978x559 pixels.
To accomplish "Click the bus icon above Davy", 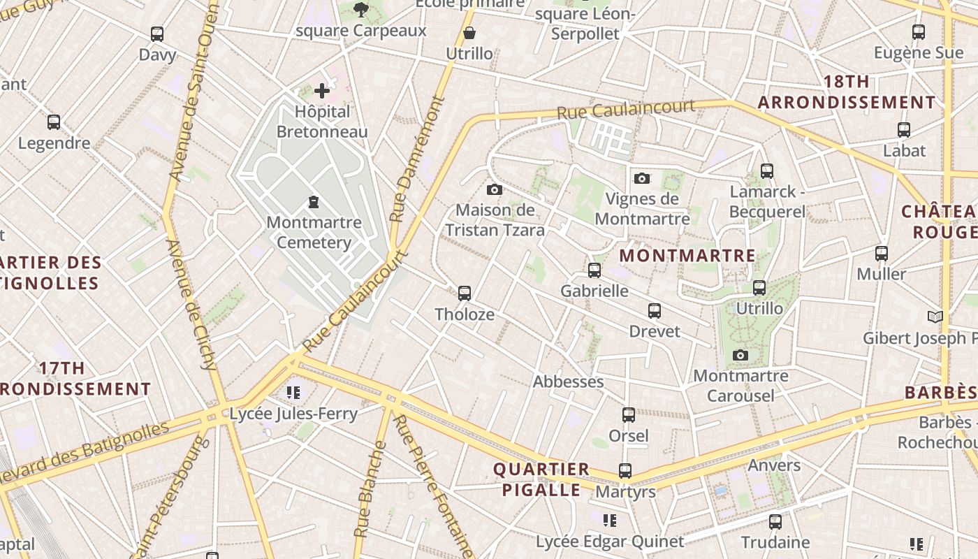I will [x=157, y=34].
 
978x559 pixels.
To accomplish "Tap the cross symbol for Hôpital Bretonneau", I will [x=322, y=90].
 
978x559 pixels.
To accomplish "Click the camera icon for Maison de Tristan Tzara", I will [x=495, y=189].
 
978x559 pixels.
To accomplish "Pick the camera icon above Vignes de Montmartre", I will [x=642, y=178].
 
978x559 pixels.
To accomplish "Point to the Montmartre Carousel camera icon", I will [x=740, y=355].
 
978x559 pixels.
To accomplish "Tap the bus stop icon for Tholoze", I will [x=465, y=293].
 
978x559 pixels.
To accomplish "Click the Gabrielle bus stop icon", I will [x=594, y=270].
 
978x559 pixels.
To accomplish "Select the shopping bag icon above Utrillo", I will [x=469, y=33].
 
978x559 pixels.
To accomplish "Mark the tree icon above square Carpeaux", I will [x=360, y=10].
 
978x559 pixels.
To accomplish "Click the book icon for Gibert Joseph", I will [x=935, y=317].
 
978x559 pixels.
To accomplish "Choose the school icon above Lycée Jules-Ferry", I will [x=293, y=393].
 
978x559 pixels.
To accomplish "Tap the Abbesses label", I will [x=568, y=382].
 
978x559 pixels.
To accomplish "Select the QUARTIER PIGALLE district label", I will [x=541, y=479].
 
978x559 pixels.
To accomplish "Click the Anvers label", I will [x=774, y=465].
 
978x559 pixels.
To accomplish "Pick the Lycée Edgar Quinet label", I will [x=610, y=542].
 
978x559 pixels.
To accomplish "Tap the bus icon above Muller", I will [x=882, y=253].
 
